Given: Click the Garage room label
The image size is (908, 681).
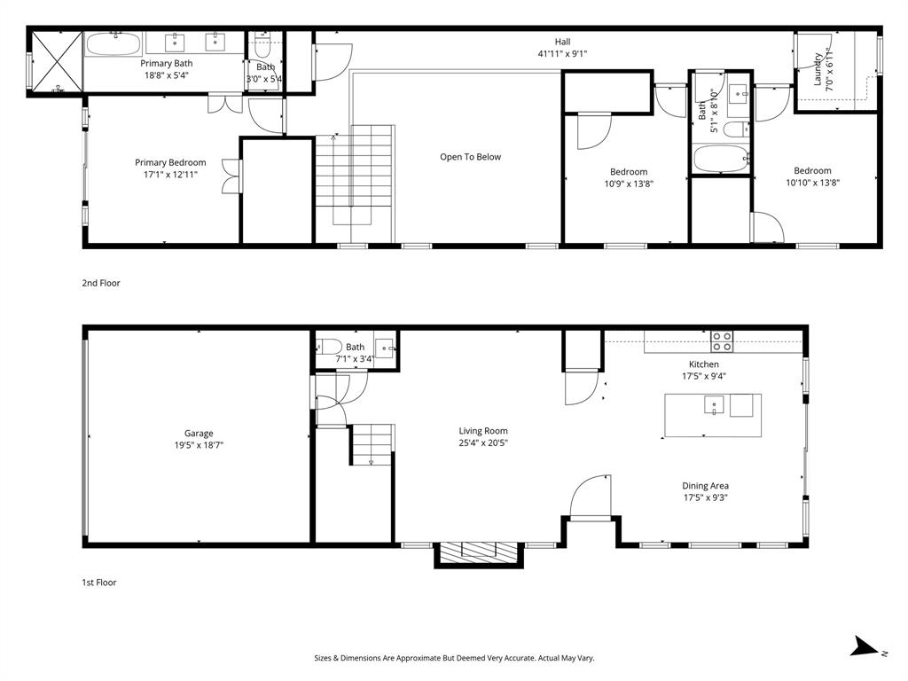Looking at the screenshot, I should click(199, 434).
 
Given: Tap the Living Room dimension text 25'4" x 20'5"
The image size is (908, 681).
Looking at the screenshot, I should click(482, 443).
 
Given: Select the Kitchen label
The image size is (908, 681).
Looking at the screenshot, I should click(704, 364).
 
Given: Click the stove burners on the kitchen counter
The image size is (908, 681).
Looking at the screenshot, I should click(722, 337).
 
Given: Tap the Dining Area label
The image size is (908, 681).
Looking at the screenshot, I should click(705, 486).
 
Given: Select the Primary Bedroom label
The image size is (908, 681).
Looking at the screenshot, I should click(170, 162).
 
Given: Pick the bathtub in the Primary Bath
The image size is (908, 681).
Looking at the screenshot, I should click(113, 44).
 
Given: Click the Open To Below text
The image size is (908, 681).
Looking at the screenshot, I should click(470, 157).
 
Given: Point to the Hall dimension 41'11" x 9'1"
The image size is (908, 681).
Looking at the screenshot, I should click(562, 54).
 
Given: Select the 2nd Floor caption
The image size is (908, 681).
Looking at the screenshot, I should click(100, 284).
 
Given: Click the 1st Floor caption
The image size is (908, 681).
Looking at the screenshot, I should click(98, 583).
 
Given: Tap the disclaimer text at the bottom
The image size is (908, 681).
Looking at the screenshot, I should click(454, 658).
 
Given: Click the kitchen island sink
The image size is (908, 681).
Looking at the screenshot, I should click(713, 406).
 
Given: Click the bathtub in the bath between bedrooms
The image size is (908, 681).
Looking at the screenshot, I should click(721, 160).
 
